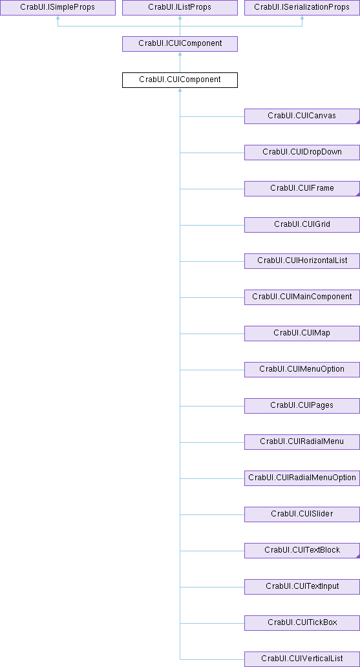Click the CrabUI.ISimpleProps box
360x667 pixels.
point(58,8)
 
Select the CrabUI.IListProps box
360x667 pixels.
point(180,8)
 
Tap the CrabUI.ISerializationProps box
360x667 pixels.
point(302,8)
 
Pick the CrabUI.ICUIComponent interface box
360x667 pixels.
point(180,44)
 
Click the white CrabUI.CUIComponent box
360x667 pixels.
point(180,80)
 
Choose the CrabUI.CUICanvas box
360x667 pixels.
point(302,116)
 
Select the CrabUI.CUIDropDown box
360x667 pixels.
point(302,153)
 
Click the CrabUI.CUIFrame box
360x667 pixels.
point(302,189)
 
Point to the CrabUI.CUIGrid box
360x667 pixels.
point(302,225)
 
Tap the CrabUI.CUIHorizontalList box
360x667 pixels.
point(302,260)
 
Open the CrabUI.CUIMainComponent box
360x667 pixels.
point(302,297)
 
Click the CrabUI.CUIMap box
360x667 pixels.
point(302,333)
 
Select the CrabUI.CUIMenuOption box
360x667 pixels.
point(302,369)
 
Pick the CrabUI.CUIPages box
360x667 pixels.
point(302,405)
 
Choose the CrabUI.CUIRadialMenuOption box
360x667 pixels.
point(302,478)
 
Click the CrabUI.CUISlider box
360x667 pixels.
point(302,514)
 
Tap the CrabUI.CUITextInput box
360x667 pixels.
point(302,586)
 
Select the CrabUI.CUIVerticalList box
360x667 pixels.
point(302,659)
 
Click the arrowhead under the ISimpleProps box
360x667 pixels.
point(58,18)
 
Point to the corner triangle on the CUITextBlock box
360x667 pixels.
point(358,556)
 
